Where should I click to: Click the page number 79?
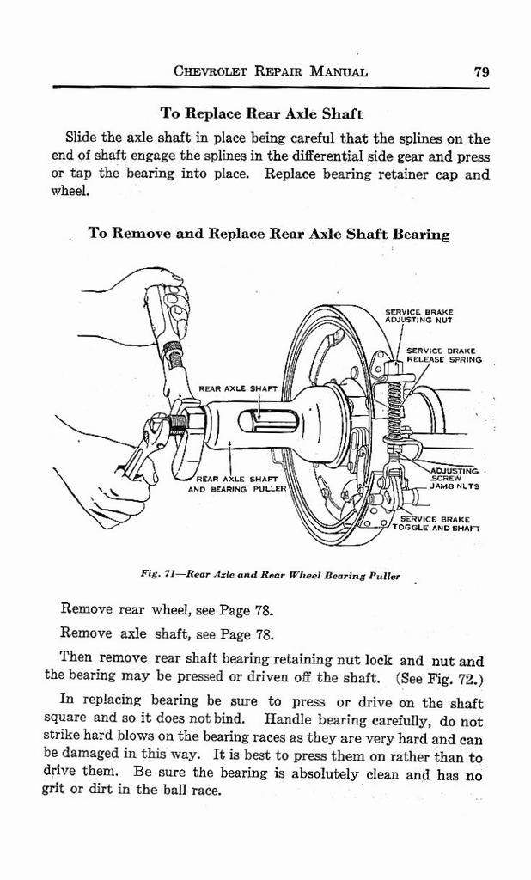tap(481, 72)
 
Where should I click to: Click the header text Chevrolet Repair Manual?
tap(271, 72)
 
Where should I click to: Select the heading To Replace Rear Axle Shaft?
tap(261, 113)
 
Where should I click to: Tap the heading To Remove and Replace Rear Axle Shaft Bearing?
tap(269, 234)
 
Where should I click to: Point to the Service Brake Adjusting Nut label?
tap(418, 315)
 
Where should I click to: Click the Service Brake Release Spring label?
tap(443, 355)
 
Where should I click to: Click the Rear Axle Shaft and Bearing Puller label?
tap(236, 483)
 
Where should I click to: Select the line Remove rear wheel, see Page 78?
tap(167, 611)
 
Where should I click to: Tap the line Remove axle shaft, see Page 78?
tap(167, 636)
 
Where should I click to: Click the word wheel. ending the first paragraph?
tap(70, 192)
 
